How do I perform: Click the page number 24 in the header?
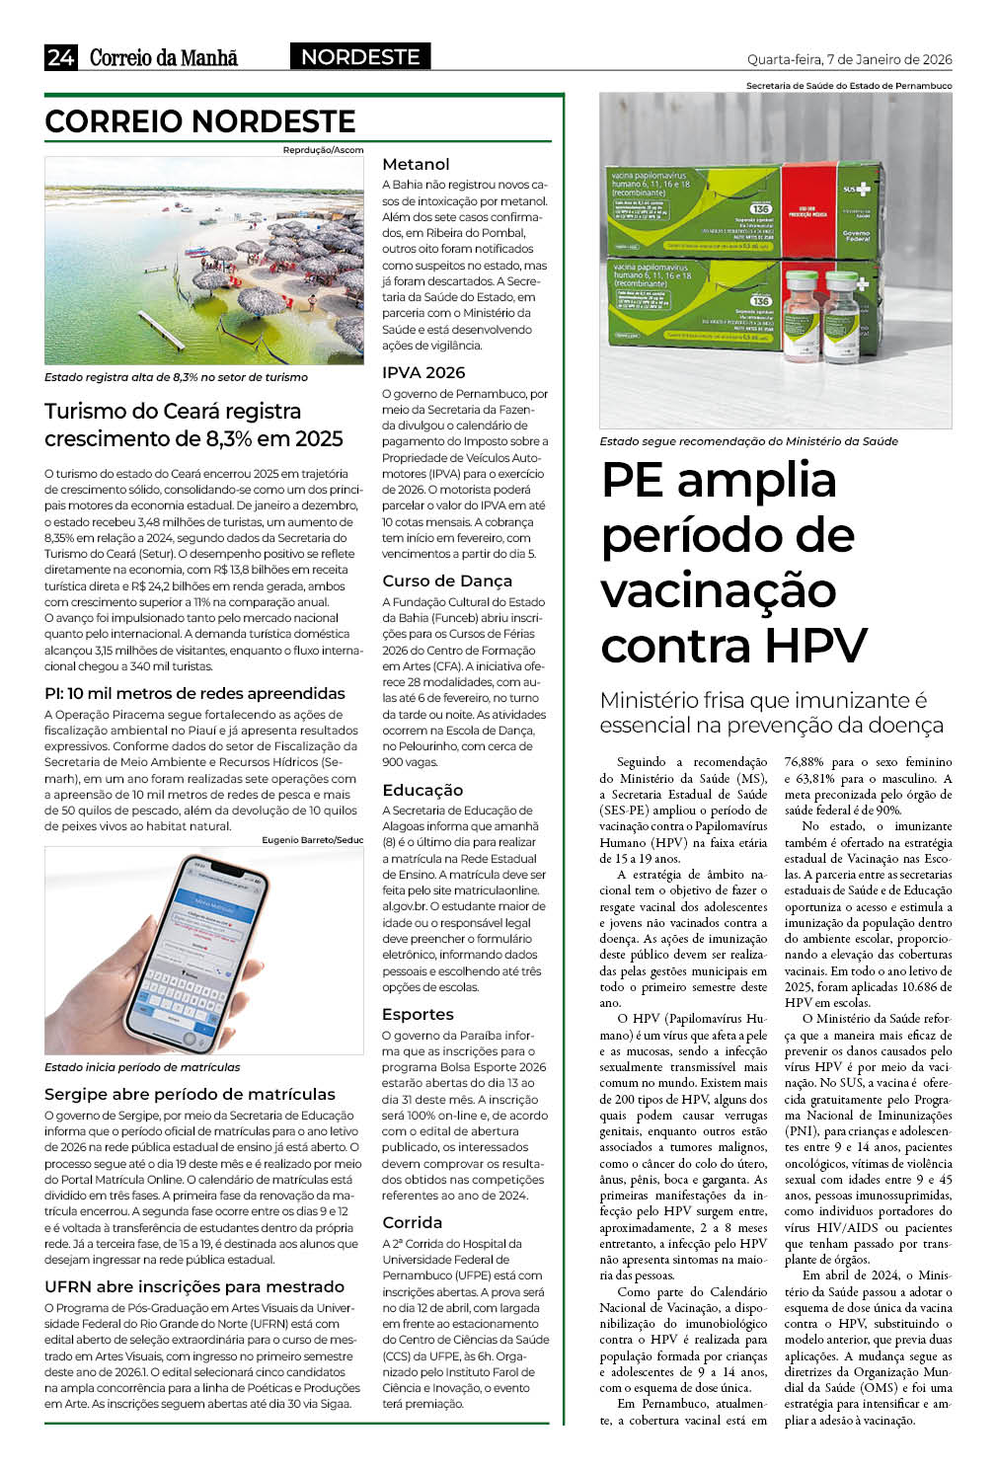pos(60,57)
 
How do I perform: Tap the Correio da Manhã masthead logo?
pos(164,57)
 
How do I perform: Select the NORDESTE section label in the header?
pos(360,57)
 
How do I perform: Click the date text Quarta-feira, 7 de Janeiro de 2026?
pos(849,59)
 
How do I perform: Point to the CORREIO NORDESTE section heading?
pos(200,121)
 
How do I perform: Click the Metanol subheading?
pos(416,164)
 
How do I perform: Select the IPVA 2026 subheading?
pos(423,372)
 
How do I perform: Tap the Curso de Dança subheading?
pos(447,580)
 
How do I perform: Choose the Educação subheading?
pos(422,790)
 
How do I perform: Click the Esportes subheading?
pos(418,1014)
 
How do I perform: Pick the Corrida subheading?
pos(412,1222)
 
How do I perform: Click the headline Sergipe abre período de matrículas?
pos(190,1094)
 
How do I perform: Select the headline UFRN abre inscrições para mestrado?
pos(194,1286)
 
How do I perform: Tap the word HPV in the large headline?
pos(815,646)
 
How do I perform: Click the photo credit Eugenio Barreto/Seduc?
pos(312,840)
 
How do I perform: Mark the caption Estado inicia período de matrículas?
pos(142,1067)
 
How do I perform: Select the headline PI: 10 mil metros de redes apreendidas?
pos(194,693)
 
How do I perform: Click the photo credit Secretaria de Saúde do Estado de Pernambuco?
pos(849,86)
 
